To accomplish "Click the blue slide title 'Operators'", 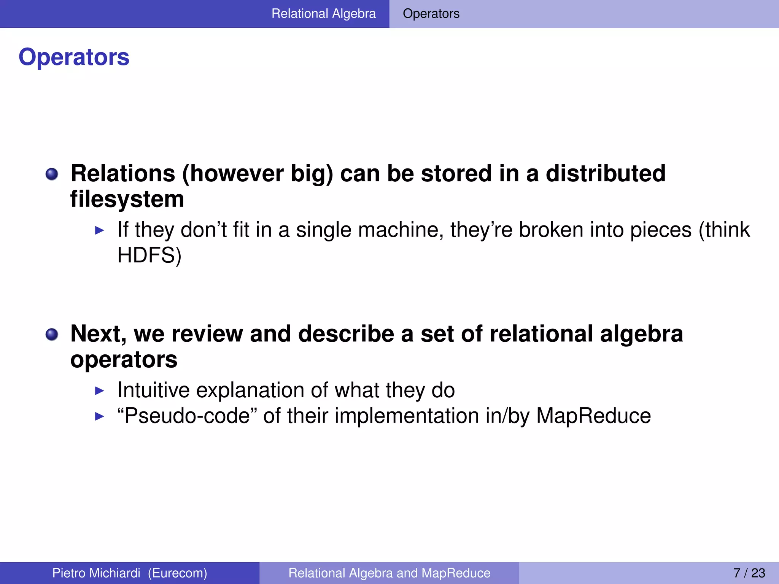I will (74, 57).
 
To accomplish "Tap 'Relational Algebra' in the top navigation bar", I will (323, 14).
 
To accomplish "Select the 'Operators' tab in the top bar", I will (431, 14).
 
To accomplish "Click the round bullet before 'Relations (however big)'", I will (52, 175).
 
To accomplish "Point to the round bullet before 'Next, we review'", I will (52, 335).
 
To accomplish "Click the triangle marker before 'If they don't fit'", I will (99, 230).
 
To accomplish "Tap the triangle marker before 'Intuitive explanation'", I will (99, 390).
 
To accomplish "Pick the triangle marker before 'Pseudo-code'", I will (99, 416).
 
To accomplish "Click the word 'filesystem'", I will (127, 199).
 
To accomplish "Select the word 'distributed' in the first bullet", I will (606, 173).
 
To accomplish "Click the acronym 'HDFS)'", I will (149, 255).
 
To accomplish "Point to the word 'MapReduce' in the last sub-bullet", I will (593, 416).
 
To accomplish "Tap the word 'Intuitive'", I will (153, 390).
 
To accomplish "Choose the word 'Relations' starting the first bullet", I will (123, 173).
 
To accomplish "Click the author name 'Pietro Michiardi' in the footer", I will (96, 573).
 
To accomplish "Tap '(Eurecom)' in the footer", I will (177, 573).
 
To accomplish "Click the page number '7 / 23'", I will (749, 573).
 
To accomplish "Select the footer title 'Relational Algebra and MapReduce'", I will (389, 573).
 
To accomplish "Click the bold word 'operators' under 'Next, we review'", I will (124, 360).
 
